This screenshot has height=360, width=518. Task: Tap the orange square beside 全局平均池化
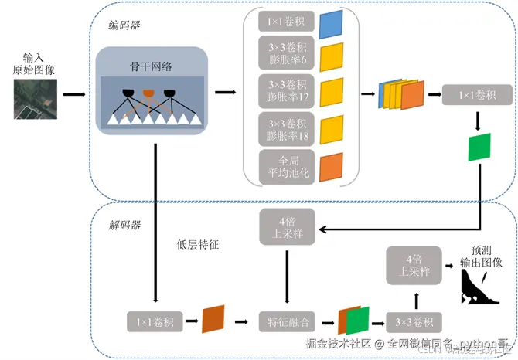[330, 166]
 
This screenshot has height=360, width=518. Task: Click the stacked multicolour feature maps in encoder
[400, 95]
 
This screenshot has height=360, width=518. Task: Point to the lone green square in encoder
[479, 147]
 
